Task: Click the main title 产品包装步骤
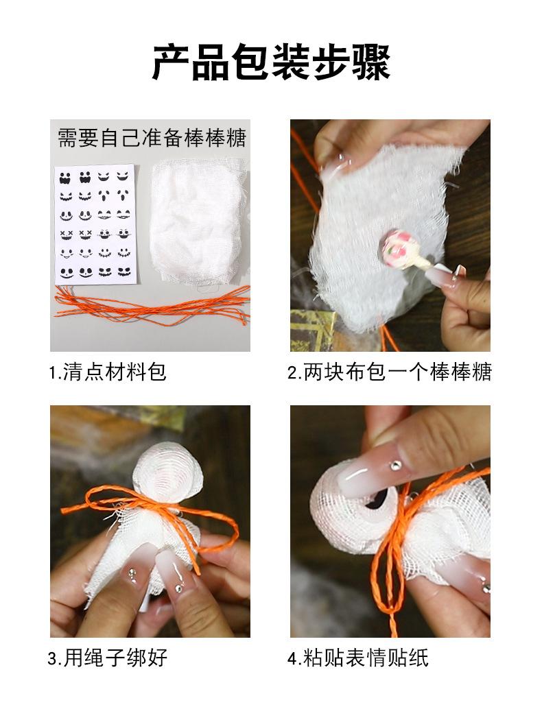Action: pos(271,62)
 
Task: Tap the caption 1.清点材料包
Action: pos(108,372)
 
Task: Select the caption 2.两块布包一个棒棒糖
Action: pos(390,372)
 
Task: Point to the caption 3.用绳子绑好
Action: pos(108,658)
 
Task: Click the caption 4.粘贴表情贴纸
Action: pos(358,658)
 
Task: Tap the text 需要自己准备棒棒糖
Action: pos(152,138)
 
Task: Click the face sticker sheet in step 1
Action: pos(95,224)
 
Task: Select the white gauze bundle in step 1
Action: pos(198,222)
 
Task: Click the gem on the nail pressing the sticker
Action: pos(396,464)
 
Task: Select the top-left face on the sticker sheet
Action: pos(65,177)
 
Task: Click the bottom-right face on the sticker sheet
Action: pos(124,272)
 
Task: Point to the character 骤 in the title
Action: pos(371,62)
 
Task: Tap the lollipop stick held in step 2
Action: pos(427,263)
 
